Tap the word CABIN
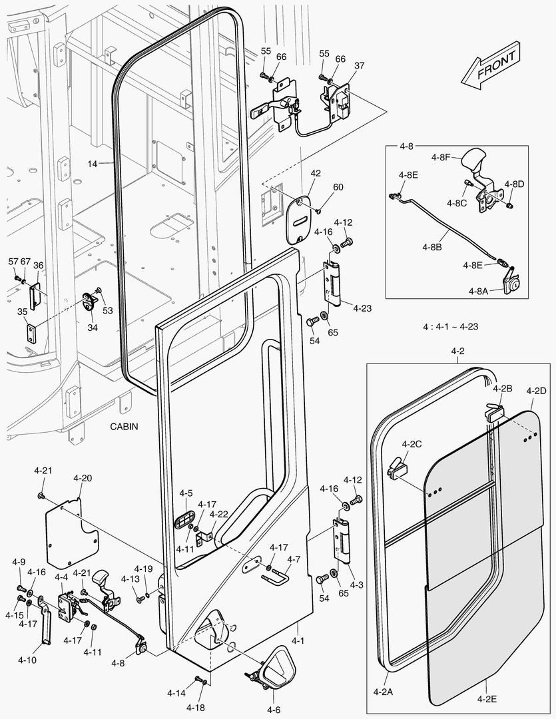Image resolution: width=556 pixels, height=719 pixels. pyautogui.click(x=125, y=427)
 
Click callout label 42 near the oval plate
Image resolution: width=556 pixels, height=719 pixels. pyautogui.click(x=316, y=173)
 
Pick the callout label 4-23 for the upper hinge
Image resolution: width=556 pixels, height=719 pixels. pyautogui.click(x=362, y=308)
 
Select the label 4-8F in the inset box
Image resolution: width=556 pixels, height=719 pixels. pyautogui.click(x=441, y=158)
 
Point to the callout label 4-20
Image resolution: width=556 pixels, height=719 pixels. pyautogui.click(x=83, y=478)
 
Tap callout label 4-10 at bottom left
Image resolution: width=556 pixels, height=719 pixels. pyautogui.click(x=27, y=660)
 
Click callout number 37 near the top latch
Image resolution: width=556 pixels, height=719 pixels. pyautogui.click(x=360, y=65)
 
